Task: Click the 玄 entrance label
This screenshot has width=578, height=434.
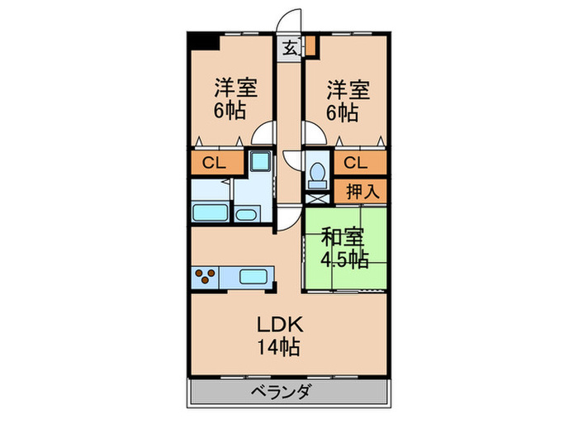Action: click(291, 48)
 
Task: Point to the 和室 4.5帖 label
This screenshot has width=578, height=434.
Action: click(344, 248)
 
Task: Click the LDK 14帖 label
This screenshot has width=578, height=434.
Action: click(277, 333)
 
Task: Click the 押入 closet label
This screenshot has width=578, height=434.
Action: click(362, 191)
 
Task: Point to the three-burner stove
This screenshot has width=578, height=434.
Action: click(206, 276)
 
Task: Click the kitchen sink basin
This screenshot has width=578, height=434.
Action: click(253, 276)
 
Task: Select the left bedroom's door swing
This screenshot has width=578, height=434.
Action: click(266, 134)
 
